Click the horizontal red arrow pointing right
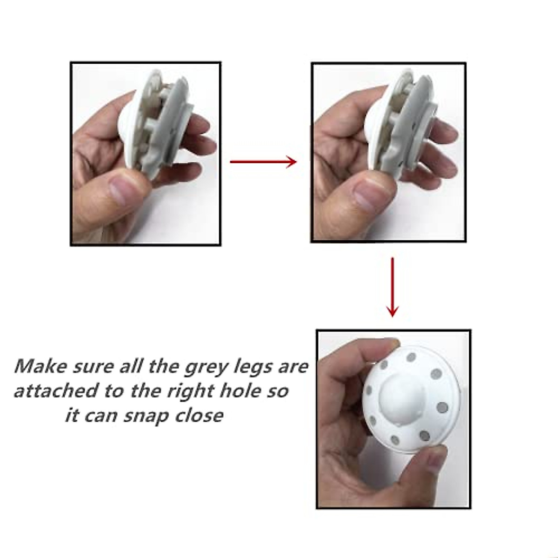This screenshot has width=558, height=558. pos(263,162)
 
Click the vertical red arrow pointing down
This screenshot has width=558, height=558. pos(393,287)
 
